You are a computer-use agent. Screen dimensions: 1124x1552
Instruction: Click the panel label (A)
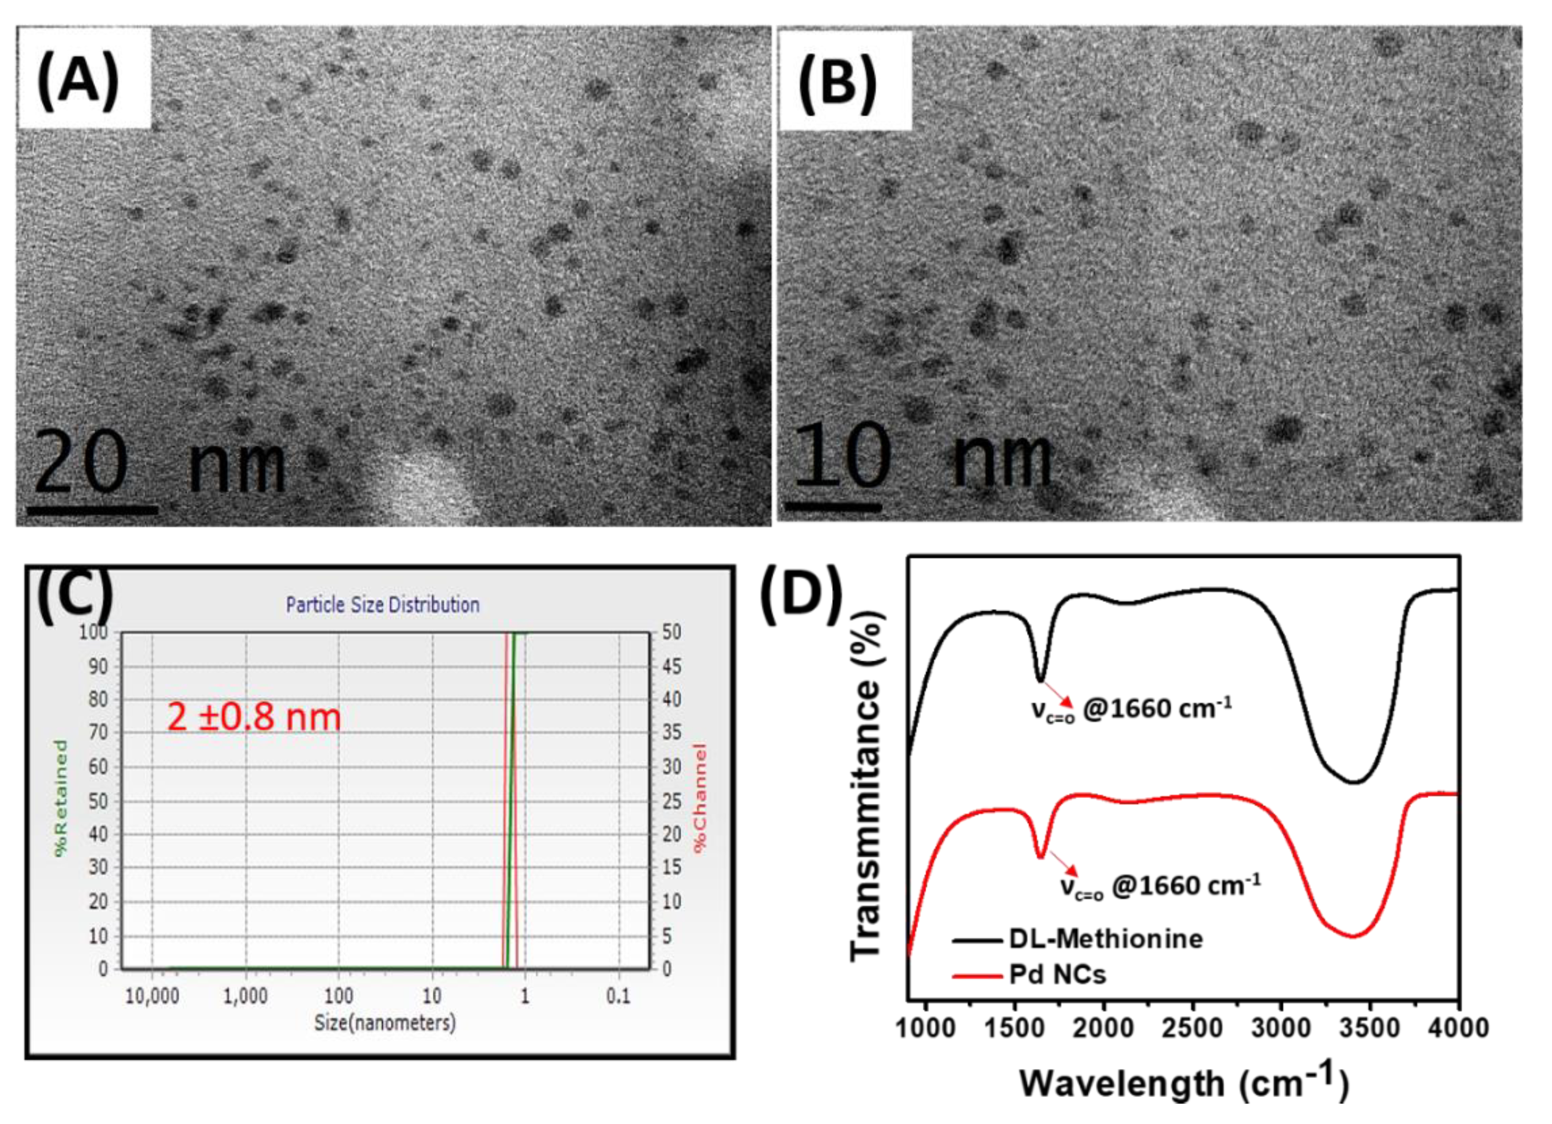78,81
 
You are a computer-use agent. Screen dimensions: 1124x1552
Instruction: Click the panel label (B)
837,83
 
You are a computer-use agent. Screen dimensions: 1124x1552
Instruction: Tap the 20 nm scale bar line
92,510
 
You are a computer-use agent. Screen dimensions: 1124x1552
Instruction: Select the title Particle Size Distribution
382,605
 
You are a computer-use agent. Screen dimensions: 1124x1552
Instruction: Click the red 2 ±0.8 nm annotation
254,717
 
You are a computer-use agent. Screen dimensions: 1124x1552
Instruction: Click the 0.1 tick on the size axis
618,996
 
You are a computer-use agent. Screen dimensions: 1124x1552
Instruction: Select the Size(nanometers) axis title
385,1023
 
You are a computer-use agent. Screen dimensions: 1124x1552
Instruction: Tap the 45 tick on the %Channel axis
671,666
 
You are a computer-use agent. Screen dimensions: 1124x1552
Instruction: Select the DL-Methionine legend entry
1105,939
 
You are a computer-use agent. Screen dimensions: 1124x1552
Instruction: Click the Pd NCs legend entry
1057,974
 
